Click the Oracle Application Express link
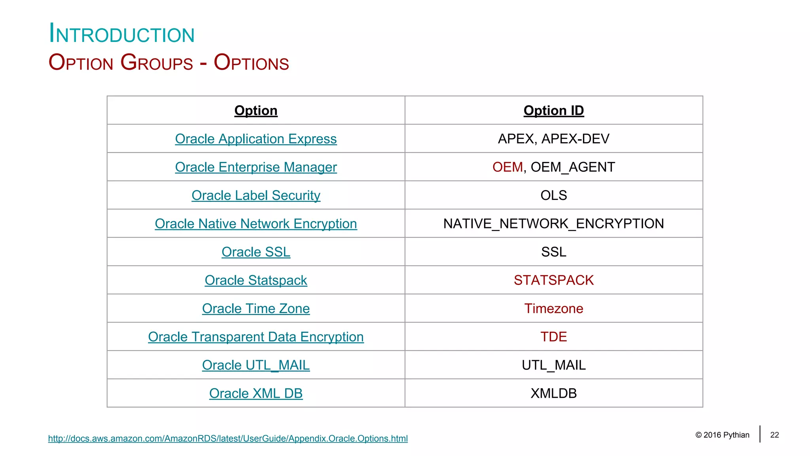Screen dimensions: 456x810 click(256, 139)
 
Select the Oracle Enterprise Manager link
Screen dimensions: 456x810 click(256, 167)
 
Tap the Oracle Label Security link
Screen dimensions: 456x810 click(256, 196)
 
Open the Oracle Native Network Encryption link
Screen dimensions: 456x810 click(256, 224)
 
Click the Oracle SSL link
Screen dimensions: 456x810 click(256, 252)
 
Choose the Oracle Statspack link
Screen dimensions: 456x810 click(256, 280)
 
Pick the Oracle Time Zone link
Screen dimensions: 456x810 click(256, 309)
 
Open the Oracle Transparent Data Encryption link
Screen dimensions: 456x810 click(256, 337)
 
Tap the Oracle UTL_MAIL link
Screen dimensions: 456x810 click(256, 365)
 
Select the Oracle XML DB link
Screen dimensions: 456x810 click(256, 393)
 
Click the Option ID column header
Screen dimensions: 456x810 click(554, 110)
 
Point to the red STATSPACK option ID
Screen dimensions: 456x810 click(554, 280)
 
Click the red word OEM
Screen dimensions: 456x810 click(507, 167)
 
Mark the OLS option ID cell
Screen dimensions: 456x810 click(554, 196)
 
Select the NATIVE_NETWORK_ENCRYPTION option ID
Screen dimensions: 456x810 click(554, 224)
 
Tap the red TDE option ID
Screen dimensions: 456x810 click(554, 337)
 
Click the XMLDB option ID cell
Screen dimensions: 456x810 click(554, 393)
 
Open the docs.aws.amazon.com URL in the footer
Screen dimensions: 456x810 click(228, 439)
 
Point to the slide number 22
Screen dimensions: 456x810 click(774, 435)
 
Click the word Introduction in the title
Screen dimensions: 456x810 click(122, 34)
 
